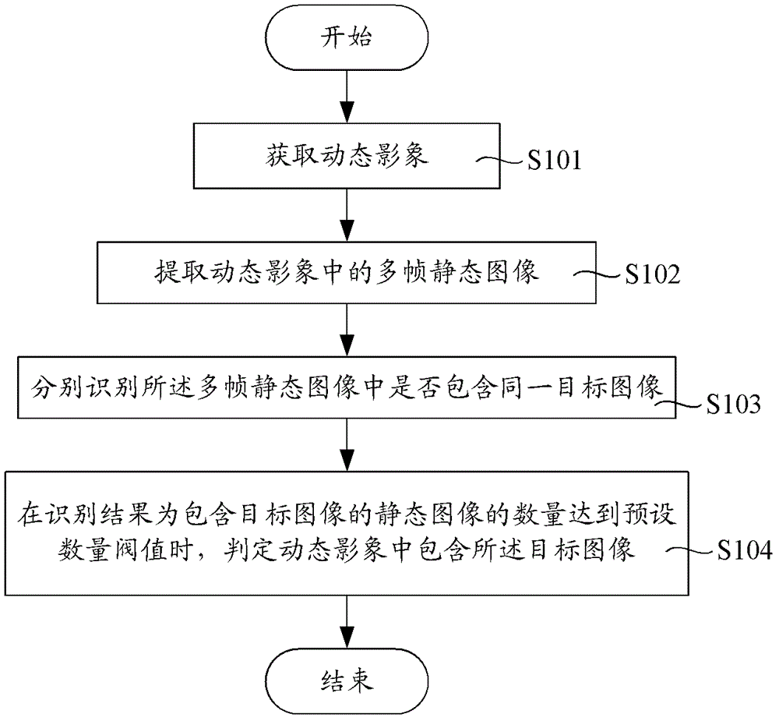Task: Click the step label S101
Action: (x=555, y=161)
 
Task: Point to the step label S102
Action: (x=652, y=274)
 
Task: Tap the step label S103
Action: (x=734, y=405)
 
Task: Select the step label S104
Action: (x=745, y=550)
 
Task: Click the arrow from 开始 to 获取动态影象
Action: (x=347, y=97)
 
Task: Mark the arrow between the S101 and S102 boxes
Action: (x=347, y=215)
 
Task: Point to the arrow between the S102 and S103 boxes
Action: (x=347, y=330)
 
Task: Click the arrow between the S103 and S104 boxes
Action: (x=347, y=445)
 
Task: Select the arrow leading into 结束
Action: (x=347, y=621)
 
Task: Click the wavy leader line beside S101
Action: (x=501, y=160)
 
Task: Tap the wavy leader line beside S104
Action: (x=690, y=550)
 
